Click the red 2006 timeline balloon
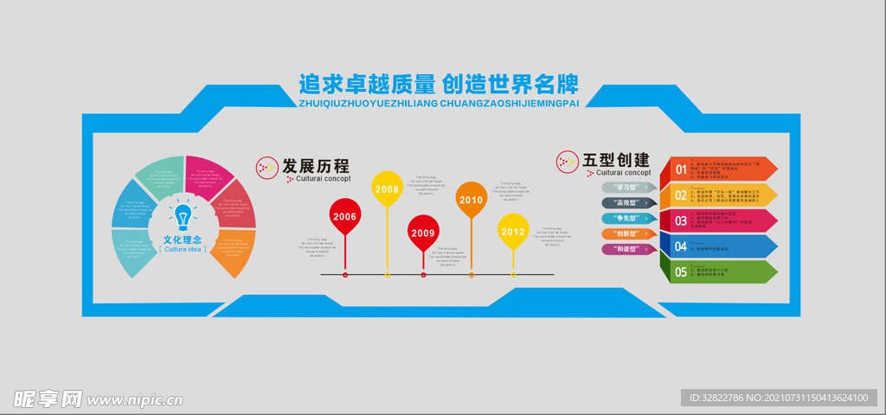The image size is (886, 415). pos(345,216)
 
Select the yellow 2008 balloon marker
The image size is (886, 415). pos(387,188)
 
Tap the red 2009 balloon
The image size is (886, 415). pos(423,233)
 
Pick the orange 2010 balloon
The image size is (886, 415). pos(472,200)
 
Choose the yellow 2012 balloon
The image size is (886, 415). pos(513,231)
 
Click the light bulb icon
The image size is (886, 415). pos(182,215)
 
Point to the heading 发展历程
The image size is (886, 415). pos(314,165)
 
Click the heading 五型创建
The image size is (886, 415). pos(616,160)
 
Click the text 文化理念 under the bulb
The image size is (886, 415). pos(182,239)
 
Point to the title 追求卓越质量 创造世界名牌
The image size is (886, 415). pos(438,85)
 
